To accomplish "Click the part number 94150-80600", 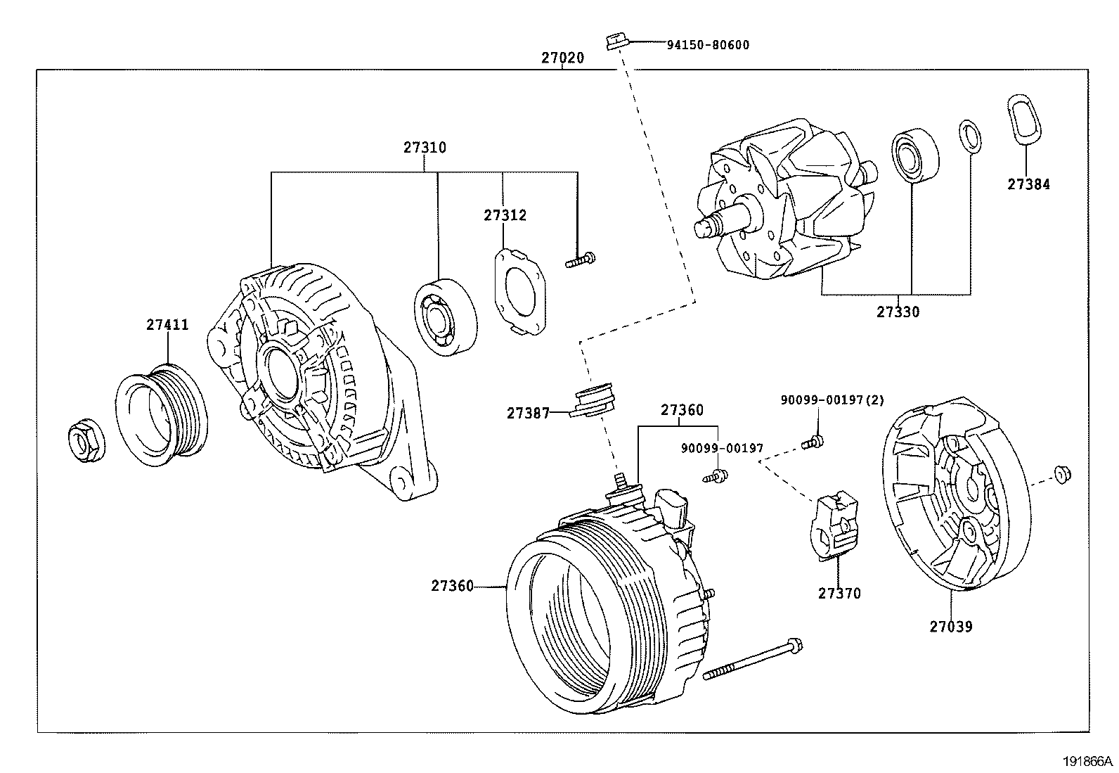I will [707, 45].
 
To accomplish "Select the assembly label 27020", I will [562, 58].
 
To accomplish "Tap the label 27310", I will [425, 148].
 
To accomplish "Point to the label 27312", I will [504, 215].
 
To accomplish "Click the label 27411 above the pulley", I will [167, 325].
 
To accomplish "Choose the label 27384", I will [1028, 184].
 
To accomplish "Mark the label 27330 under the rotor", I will [898, 312].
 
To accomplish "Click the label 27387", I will [528, 414].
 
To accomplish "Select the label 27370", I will [839, 593].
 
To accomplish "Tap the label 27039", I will [951, 627].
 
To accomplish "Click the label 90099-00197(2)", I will [832, 400].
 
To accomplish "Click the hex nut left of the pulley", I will [86, 442].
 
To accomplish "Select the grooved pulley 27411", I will [162, 418].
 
